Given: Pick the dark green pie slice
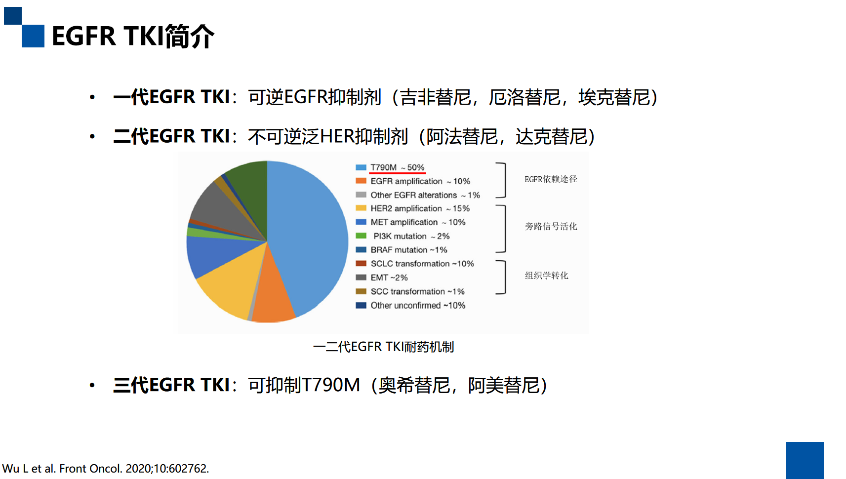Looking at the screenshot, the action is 249,189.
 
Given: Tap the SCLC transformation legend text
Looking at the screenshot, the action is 422,264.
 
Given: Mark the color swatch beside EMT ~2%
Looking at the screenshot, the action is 361,277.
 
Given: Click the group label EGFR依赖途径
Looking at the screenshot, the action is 551,179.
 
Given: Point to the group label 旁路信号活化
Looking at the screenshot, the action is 551,226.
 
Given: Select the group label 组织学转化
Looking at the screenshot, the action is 547,276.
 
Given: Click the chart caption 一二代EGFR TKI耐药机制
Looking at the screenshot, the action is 383,347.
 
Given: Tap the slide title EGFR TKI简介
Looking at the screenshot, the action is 133,36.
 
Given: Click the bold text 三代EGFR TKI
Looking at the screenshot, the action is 171,385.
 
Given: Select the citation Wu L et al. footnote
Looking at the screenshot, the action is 105,469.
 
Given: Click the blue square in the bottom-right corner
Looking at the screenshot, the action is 805,461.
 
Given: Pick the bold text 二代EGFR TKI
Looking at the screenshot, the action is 171,136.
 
